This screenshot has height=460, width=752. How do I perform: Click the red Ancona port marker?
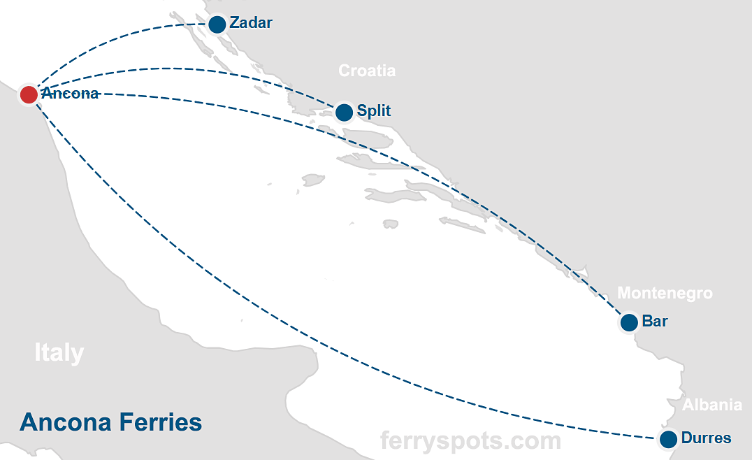(29, 94)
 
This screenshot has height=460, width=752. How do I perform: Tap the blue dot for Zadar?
(217, 24)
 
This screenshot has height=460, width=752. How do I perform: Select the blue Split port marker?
(344, 112)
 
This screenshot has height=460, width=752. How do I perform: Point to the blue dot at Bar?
(629, 322)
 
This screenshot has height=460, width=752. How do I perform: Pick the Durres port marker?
(668, 439)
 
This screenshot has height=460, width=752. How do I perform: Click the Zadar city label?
(250, 23)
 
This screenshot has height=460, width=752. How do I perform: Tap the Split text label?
(374, 110)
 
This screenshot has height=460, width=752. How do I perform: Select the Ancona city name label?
(70, 94)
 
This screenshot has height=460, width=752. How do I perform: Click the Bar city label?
(655, 322)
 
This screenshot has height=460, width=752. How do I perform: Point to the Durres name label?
(706, 438)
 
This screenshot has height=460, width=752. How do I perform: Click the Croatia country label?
(367, 71)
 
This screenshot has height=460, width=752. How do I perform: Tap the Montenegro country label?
(665, 293)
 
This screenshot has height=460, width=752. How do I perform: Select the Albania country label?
(712, 405)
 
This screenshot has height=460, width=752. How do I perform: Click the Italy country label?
(59, 353)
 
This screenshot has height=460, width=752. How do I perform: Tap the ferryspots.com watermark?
(470, 440)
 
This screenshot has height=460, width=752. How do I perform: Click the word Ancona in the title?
(62, 422)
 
